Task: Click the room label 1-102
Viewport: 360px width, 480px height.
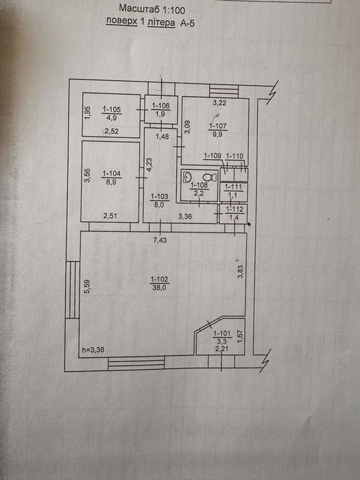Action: tap(160, 280)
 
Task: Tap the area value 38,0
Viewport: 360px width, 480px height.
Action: tap(160, 287)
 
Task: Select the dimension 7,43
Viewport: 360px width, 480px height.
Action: tap(160, 240)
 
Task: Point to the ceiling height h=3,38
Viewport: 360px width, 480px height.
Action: tap(93, 350)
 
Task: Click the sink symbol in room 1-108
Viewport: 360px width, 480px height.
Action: tap(187, 177)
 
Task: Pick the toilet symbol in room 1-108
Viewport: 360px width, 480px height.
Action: tap(210, 177)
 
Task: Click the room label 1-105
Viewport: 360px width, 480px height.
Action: tap(112, 109)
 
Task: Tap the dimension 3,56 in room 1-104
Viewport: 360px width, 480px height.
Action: tap(88, 176)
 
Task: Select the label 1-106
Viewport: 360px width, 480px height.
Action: tap(160, 106)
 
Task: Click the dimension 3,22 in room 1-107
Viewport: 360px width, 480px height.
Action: tap(219, 103)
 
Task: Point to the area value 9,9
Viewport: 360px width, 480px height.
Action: tap(217, 134)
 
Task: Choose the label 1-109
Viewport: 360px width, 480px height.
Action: tap(213, 156)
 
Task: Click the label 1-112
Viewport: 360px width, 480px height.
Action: tap(235, 209)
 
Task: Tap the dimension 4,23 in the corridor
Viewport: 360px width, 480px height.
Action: tap(149, 165)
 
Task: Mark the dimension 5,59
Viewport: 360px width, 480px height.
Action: tap(87, 287)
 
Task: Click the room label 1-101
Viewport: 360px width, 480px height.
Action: tap(223, 333)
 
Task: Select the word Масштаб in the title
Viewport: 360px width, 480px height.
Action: tap(137, 8)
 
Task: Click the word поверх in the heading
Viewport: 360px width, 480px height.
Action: tap(121, 21)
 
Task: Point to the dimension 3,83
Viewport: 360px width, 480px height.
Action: tap(241, 272)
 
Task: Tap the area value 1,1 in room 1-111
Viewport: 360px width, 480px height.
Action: tap(233, 195)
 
